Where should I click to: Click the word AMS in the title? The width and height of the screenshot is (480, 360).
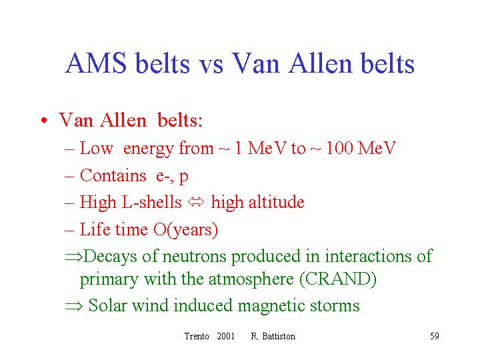96,63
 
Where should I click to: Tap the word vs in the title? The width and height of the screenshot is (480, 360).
211,65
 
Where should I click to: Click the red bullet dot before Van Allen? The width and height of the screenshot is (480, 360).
44,120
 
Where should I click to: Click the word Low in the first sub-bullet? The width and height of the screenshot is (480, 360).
96,148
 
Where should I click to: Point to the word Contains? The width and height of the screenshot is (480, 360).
113,175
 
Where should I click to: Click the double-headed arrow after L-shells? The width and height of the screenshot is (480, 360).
196,203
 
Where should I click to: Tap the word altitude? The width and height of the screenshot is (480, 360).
277,202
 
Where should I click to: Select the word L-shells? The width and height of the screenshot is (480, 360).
151,202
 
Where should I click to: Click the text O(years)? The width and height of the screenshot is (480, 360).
185,229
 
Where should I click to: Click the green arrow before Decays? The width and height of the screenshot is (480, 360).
74,257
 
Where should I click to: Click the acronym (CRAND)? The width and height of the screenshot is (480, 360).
338,279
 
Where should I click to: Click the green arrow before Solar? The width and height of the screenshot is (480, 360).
74,306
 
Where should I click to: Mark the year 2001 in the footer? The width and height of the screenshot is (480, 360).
225,336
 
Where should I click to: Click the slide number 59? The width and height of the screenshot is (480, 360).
435,336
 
